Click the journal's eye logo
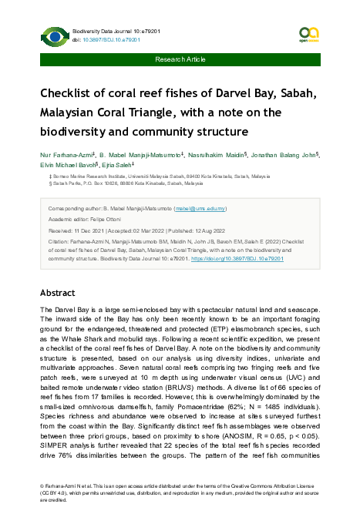coord(54,35)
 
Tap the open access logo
coord(308,33)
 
